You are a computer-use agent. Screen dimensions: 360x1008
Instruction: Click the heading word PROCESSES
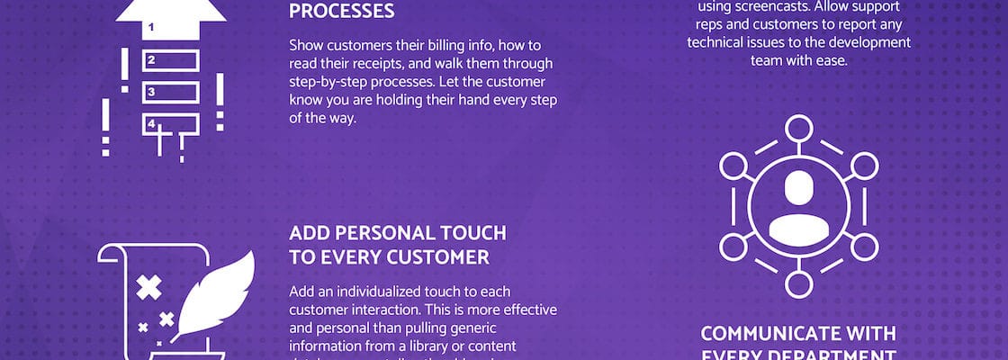click(341, 12)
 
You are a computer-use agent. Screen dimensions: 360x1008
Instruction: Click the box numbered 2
click(169, 61)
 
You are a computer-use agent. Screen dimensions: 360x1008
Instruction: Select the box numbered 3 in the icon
click(169, 92)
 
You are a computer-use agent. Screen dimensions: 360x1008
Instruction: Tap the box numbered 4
click(169, 122)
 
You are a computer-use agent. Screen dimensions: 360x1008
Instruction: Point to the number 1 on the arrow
click(151, 28)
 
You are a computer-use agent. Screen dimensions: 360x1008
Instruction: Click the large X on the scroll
click(148, 288)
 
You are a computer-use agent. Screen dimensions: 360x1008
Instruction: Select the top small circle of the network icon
click(798, 129)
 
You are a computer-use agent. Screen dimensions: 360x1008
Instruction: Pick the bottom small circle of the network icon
click(798, 284)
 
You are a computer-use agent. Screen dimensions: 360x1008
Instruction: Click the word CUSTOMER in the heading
click(437, 257)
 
